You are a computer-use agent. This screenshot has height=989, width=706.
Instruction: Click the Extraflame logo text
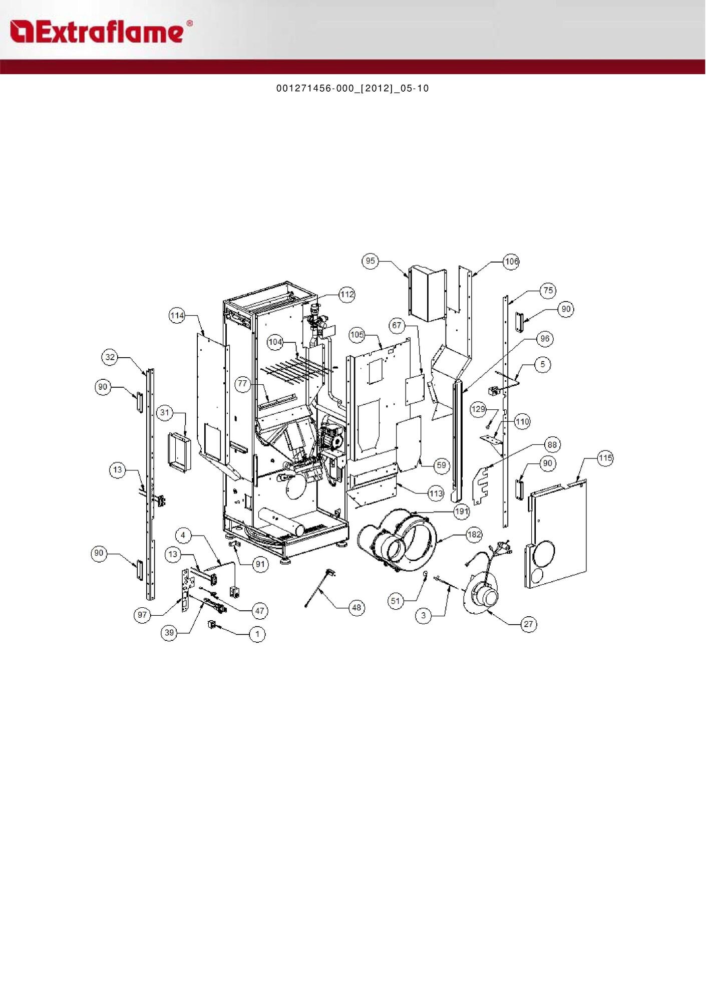(x=100, y=32)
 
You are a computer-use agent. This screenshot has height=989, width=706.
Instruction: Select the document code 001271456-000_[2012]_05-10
(x=352, y=89)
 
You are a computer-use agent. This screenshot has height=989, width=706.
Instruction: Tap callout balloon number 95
(x=370, y=261)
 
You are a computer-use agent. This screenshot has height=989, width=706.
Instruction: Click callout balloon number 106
(x=511, y=262)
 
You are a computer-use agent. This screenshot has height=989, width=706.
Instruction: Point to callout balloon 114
(x=177, y=316)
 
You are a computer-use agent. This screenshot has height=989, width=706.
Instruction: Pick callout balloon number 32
(x=110, y=357)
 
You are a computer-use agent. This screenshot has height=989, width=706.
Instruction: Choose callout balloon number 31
(x=165, y=413)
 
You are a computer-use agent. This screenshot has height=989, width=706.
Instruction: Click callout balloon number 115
(x=605, y=458)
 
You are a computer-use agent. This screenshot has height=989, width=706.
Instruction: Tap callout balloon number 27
(x=529, y=624)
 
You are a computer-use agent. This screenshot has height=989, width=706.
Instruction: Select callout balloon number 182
(x=474, y=535)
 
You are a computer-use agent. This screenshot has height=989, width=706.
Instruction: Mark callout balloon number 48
(x=357, y=608)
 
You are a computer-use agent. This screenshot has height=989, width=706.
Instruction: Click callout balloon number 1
(x=257, y=634)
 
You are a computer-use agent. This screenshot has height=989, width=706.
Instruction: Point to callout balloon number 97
(x=143, y=615)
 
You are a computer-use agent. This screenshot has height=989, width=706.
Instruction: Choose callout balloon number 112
(x=347, y=295)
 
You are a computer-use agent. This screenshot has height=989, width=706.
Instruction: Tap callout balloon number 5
(x=543, y=364)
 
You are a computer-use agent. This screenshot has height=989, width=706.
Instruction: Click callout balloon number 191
(x=461, y=512)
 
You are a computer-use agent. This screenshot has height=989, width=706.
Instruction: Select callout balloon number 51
(x=396, y=601)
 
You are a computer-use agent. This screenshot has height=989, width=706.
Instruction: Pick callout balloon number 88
(x=552, y=444)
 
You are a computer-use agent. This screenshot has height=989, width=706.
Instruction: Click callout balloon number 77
(x=243, y=384)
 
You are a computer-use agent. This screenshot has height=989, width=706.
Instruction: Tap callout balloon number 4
(x=183, y=535)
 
